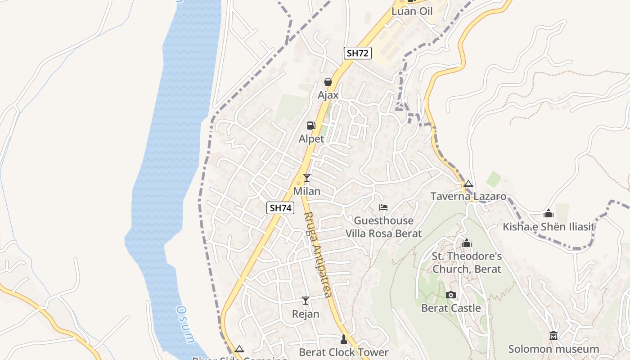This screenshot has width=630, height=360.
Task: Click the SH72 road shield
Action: point(358,53)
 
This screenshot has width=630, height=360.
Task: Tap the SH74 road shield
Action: point(280,208)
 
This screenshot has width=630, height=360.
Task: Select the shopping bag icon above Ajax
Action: point(328,82)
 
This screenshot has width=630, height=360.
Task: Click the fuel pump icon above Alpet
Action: point(311,126)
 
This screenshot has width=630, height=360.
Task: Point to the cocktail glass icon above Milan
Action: point(307,178)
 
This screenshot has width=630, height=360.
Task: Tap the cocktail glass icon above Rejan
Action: point(306,301)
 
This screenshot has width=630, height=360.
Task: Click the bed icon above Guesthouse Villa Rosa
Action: point(383,207)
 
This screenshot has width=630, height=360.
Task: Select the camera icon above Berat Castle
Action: point(450,295)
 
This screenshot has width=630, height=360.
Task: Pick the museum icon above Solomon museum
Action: point(553,336)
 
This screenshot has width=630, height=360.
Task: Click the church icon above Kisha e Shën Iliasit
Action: point(549,213)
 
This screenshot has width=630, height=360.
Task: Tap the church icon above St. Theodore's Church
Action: point(467,243)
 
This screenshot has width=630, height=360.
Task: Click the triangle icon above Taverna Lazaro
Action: point(468,184)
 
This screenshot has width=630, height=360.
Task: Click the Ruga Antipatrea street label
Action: point(318,254)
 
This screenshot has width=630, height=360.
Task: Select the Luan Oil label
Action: point(412,11)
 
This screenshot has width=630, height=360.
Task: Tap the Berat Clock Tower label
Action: point(343,352)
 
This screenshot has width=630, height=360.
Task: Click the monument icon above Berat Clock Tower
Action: point(344,339)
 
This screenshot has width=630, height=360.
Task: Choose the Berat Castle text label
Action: point(451,308)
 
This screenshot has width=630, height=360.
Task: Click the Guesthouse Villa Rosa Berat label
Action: point(383,227)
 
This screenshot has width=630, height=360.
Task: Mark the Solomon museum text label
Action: point(553,349)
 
